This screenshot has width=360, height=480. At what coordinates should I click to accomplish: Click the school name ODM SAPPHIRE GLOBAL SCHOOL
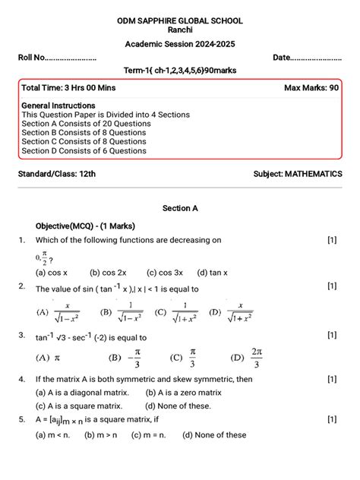click(179, 19)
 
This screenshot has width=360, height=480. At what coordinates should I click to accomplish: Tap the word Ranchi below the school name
click(179, 30)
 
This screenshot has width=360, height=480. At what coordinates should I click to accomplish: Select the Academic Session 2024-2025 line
click(179, 45)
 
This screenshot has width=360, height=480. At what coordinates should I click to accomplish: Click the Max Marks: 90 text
click(311, 88)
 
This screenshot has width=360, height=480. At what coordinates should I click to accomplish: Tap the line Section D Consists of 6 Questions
click(84, 150)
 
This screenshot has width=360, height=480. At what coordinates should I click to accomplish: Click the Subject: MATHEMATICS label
click(297, 174)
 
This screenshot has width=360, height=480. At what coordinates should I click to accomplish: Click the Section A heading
click(180, 207)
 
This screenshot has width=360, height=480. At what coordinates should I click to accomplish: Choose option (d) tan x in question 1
click(213, 272)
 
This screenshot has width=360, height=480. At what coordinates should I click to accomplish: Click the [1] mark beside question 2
click(332, 286)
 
